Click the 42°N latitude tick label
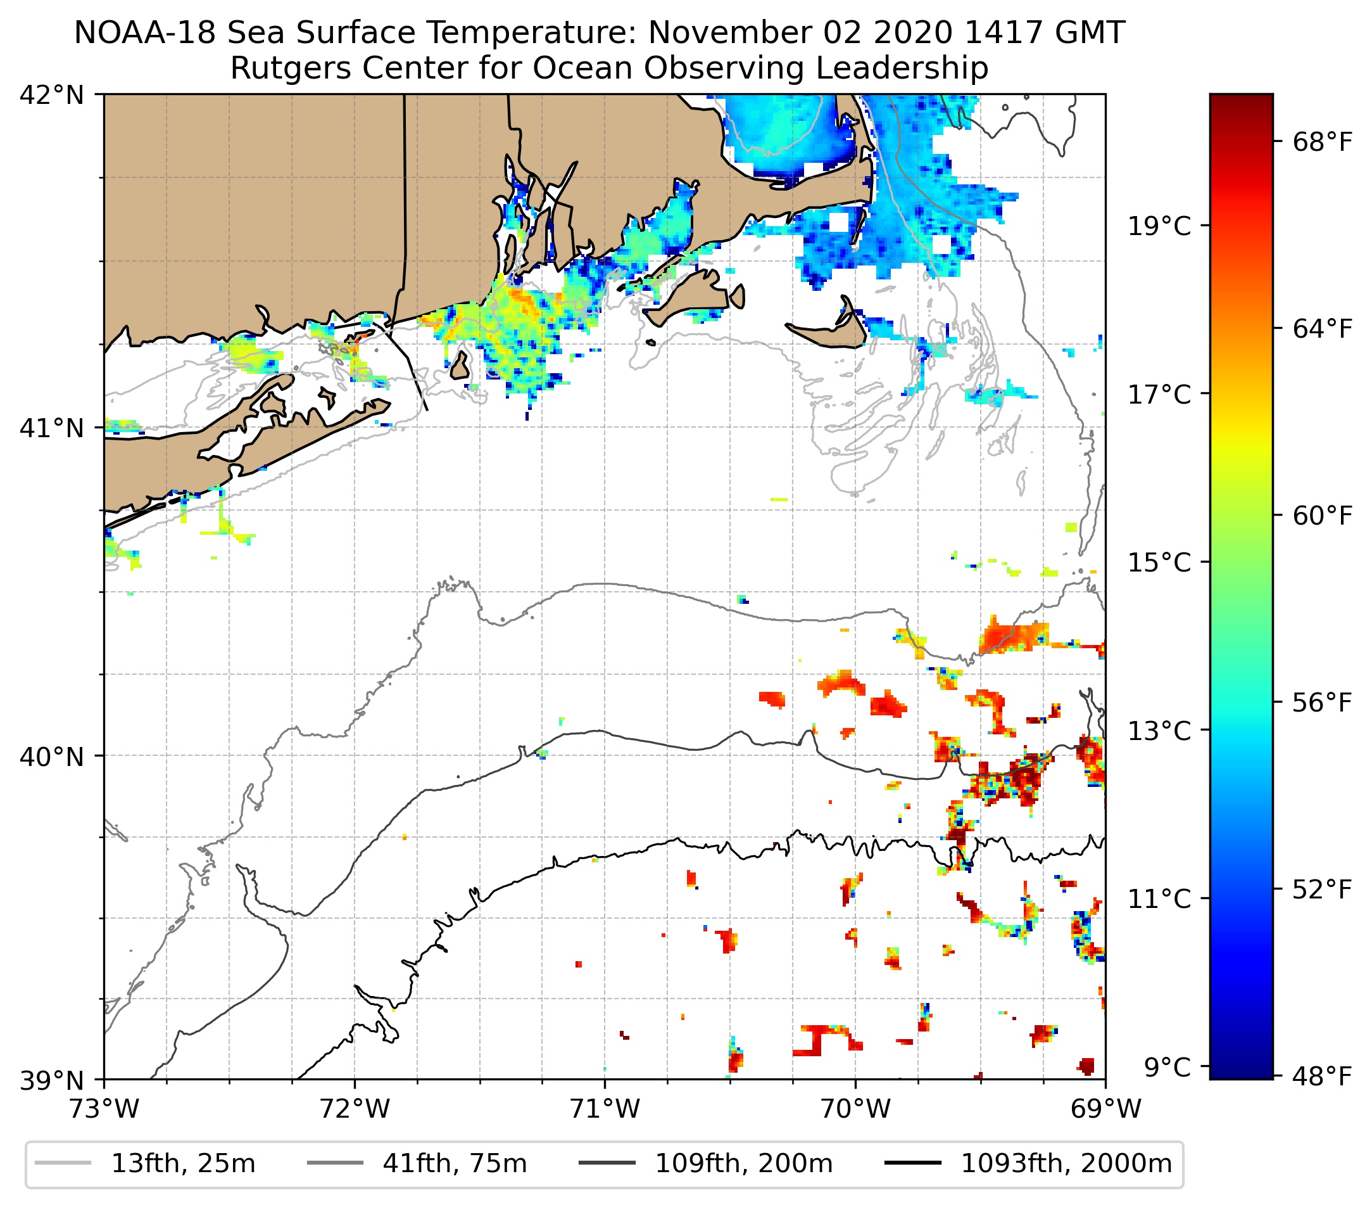pos(53,96)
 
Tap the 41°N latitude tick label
pos(53,427)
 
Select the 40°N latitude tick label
pos(53,757)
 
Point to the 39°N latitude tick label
pos(53,1081)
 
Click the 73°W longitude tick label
pos(104,1109)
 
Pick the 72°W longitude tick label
pos(355,1109)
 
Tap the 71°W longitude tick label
pos(605,1109)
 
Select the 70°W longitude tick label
pos(855,1109)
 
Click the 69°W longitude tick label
pos(1105,1109)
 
